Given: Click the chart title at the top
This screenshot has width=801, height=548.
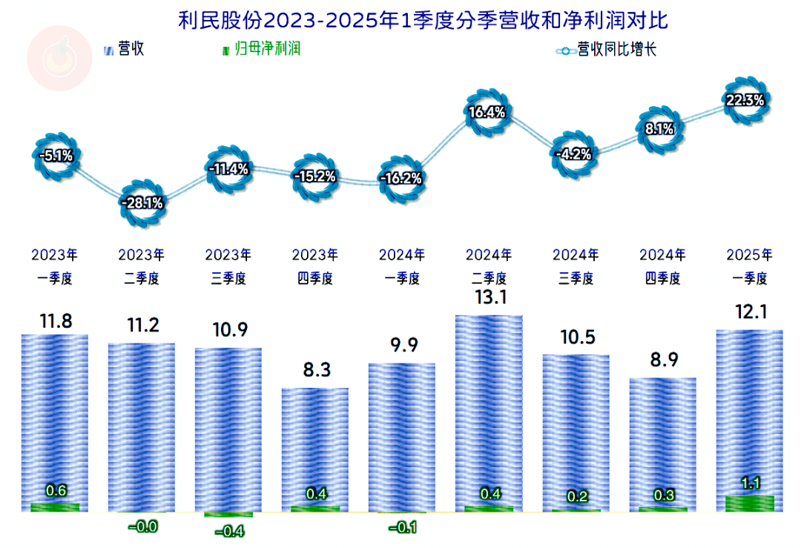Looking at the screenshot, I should (x=423, y=20).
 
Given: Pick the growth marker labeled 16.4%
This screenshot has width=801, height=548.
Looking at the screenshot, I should (x=487, y=113).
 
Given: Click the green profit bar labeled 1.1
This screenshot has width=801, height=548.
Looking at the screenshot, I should (x=749, y=504).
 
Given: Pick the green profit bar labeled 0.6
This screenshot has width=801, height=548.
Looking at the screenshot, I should (x=56, y=507).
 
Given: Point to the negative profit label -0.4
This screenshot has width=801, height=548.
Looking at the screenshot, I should (x=228, y=531).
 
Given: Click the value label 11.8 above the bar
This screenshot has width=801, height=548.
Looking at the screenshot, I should (x=55, y=323).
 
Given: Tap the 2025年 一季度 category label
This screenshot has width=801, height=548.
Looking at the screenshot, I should (x=749, y=267).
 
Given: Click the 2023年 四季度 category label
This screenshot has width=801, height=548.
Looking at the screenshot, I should (x=315, y=267).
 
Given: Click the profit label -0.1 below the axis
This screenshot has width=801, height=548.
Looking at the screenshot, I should (x=402, y=527).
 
